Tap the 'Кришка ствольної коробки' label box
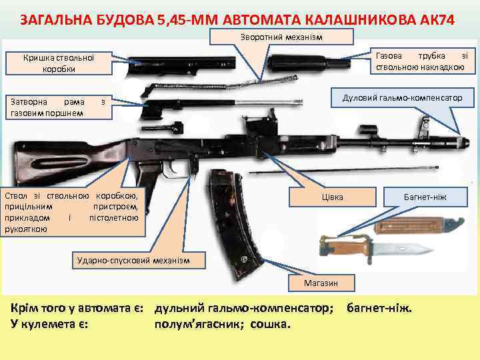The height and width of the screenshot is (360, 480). [59, 63]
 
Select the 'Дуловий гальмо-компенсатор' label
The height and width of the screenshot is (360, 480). [402, 98]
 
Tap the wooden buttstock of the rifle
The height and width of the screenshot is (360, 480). [47, 153]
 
